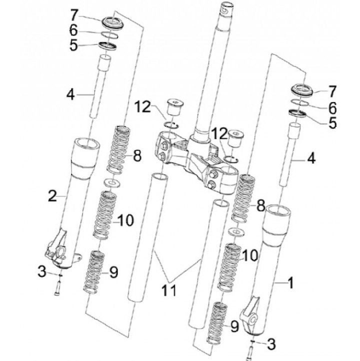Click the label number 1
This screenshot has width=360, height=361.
coord(290,283)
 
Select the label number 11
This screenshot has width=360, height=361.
coord(168,290)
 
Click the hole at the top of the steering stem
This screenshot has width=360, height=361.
coord(227,8)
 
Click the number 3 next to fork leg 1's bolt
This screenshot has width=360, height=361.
coord(271,343)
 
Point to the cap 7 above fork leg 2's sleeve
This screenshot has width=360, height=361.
coord(114,22)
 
